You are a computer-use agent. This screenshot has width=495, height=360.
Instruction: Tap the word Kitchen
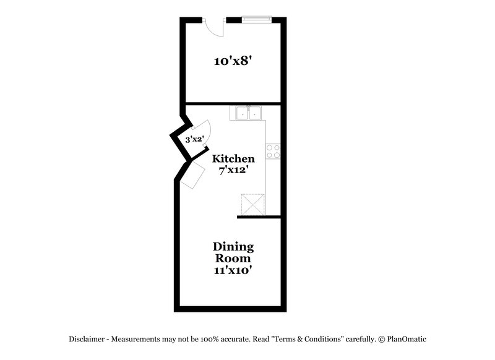pyautogui.click(x=233, y=159)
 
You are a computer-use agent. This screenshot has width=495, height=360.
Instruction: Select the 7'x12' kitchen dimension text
pyautogui.click(x=233, y=170)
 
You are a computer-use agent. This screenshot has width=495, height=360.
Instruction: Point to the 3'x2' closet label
pyautogui.click(x=194, y=140)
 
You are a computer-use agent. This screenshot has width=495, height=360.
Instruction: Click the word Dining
pyautogui.click(x=233, y=246)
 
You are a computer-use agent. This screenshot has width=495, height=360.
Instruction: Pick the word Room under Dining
pyautogui.click(x=233, y=258)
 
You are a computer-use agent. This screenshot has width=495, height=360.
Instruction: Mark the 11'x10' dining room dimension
pyautogui.click(x=233, y=270)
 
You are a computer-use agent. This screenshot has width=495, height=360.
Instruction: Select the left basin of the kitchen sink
pyautogui.click(x=241, y=114)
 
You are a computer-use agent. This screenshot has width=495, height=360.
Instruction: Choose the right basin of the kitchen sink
pyautogui.click(x=254, y=114)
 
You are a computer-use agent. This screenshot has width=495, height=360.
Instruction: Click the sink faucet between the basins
pyautogui.click(x=247, y=108)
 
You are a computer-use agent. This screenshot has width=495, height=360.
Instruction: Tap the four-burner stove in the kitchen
pyautogui.click(x=273, y=151)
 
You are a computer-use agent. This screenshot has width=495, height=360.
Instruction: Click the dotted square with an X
pyautogui.click(x=252, y=204)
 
